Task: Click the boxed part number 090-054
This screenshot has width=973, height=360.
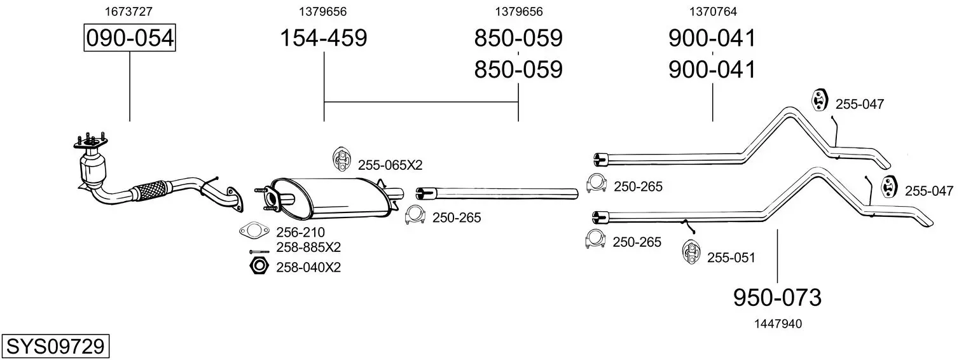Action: pyautogui.click(x=130, y=38)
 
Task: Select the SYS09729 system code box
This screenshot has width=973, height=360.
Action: pyautogui.click(x=55, y=347)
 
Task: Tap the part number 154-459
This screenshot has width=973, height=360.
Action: pyautogui.click(x=324, y=38)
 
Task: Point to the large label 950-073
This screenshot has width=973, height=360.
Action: pyautogui.click(x=777, y=298)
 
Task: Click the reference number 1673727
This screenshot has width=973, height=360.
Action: pyautogui.click(x=128, y=11)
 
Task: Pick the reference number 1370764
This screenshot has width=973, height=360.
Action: pyautogui.click(x=713, y=11)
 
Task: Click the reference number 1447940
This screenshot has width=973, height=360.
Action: pyautogui.click(x=778, y=324)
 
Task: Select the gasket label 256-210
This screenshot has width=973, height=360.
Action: pyautogui.click(x=301, y=232)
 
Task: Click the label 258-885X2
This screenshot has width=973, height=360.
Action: pyautogui.click(x=308, y=247)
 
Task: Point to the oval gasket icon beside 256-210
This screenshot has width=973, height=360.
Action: pyautogui.click(x=254, y=231)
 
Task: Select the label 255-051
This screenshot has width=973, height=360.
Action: pyautogui.click(x=731, y=258)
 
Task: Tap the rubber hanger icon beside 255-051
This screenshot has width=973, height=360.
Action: pyautogui.click(x=691, y=251)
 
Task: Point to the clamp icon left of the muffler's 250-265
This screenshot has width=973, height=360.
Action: pyautogui.click(x=415, y=215)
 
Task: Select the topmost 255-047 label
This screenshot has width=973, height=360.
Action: pyautogui.click(x=860, y=104)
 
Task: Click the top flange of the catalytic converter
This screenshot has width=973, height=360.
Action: pyautogui.click(x=91, y=143)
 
